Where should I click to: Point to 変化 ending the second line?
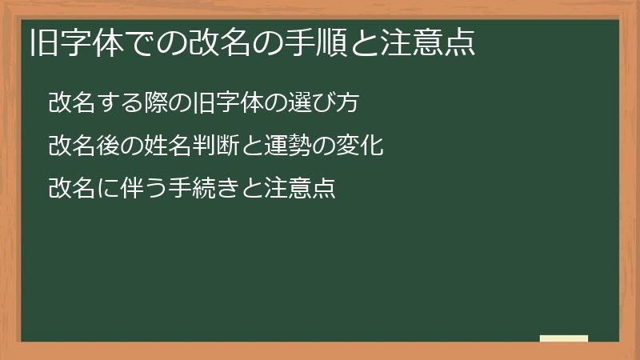pyautogui.click(x=366, y=146)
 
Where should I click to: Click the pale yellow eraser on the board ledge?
pyautogui.click(x=563, y=338)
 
